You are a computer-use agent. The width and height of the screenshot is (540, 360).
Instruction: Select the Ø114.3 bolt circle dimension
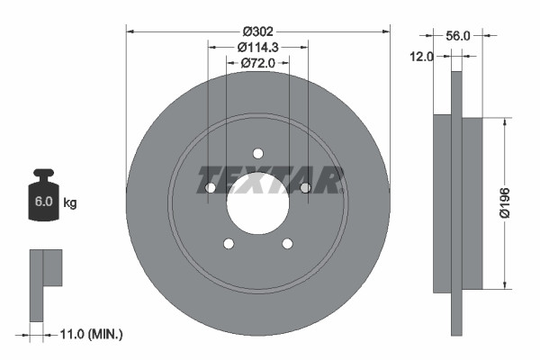[x=257, y=47]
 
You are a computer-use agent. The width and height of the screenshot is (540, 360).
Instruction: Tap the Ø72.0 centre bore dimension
[x=257, y=63]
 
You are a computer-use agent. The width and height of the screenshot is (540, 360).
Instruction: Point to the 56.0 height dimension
[x=458, y=35]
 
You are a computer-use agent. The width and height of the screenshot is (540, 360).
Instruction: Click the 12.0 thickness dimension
[x=423, y=56]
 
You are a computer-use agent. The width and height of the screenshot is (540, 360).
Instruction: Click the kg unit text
[x=70, y=202]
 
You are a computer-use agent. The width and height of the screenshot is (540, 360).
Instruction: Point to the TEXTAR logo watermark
[x=270, y=180]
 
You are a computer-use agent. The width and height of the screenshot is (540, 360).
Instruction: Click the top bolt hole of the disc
[x=257, y=153]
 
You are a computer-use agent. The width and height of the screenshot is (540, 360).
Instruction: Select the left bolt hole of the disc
[x=210, y=187]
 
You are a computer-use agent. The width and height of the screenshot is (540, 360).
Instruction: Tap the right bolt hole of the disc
[x=305, y=187]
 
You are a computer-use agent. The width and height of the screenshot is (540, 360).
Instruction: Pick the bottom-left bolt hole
[x=228, y=243]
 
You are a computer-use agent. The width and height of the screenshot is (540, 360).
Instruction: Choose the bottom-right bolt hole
[x=287, y=243]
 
